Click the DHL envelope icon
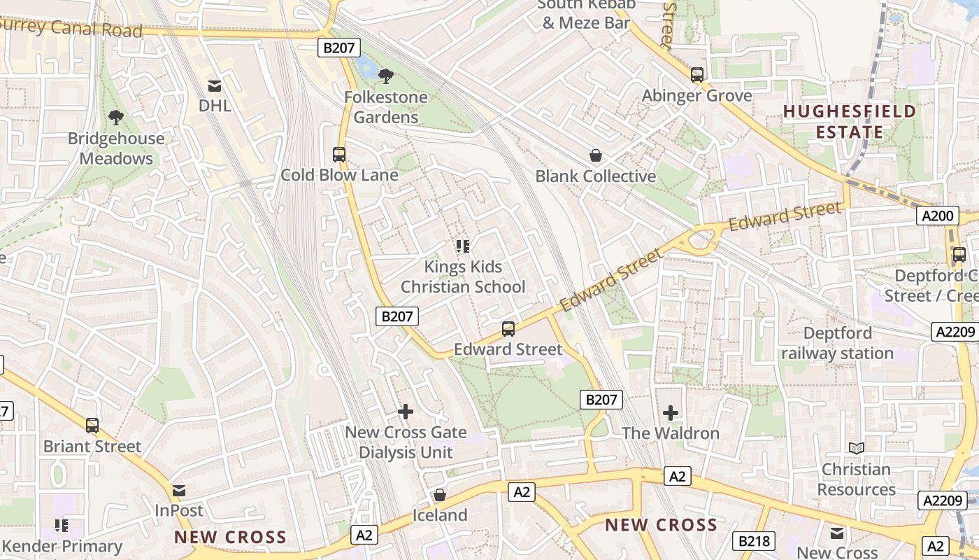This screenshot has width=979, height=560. [215, 86]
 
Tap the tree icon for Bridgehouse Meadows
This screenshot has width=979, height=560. [116, 118]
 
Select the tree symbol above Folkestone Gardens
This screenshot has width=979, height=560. [385, 76]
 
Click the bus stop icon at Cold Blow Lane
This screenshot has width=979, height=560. [339, 155]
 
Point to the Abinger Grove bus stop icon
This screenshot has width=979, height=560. [696, 75]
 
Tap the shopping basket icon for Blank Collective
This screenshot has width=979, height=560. [596, 155]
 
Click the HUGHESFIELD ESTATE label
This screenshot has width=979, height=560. [849, 121]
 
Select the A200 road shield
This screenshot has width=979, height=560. [937, 216]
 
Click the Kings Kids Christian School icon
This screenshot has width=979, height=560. [462, 246]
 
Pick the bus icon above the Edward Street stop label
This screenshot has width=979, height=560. [508, 328]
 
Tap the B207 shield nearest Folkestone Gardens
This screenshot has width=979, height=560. [339, 48]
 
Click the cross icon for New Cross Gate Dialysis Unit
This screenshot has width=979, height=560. [406, 412]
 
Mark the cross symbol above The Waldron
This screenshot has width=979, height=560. [671, 412]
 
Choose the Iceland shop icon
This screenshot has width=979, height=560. [440, 495]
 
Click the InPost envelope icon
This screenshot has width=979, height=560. [179, 491]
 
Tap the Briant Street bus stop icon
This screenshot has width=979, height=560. [92, 425]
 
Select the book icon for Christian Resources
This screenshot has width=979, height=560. [856, 448]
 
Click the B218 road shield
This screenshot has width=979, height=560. [754, 540]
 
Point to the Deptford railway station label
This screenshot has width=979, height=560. [837, 343]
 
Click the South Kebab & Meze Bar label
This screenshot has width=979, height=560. [586, 14]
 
